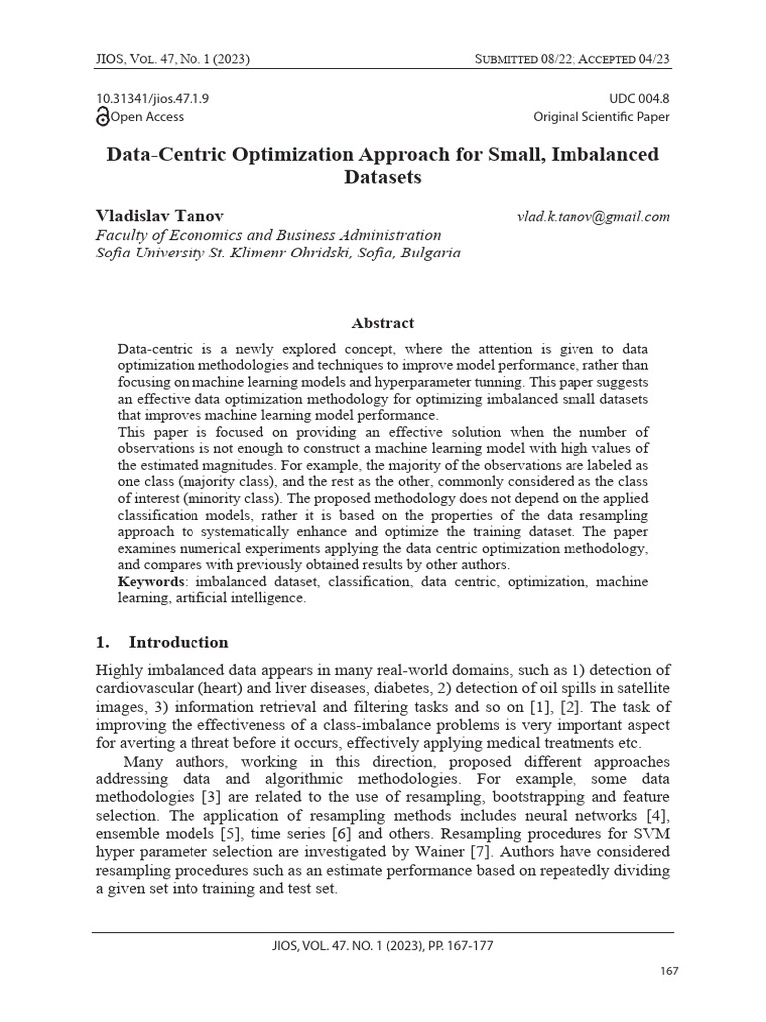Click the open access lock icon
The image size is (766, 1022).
(x=102, y=117)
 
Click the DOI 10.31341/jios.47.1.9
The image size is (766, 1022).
(x=152, y=98)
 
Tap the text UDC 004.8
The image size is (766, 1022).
(x=638, y=98)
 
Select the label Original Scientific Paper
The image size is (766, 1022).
(x=600, y=117)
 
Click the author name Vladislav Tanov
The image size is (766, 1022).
(x=160, y=216)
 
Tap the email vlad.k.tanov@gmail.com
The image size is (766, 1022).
(x=592, y=217)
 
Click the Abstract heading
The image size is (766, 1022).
(x=383, y=323)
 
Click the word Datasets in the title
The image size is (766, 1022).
(x=383, y=179)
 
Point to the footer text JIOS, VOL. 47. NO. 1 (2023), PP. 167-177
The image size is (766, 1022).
(x=383, y=945)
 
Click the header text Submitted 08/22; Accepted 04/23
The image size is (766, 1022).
(x=572, y=60)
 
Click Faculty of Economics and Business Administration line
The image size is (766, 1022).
(x=267, y=235)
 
